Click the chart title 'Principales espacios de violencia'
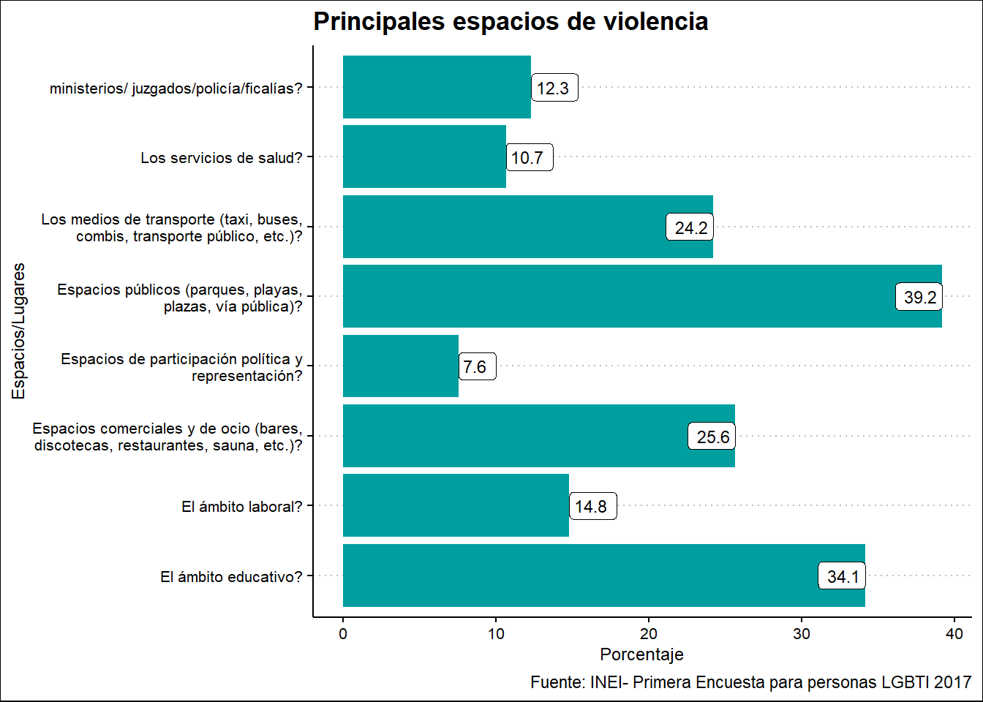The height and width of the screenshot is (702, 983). click(511, 22)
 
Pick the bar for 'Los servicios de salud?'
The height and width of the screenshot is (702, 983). click(424, 156)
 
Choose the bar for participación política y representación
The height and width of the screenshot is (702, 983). click(400, 366)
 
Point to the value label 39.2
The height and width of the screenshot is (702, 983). click(919, 298)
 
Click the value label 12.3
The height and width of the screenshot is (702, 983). click(554, 88)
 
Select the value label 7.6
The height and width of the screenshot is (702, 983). click(476, 367)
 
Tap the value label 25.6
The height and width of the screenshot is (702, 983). click(712, 437)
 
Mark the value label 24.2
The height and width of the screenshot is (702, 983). click(690, 228)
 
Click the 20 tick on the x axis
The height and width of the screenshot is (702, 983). click(649, 634)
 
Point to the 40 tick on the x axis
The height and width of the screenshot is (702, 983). click(954, 634)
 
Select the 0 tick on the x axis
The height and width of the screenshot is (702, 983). click(343, 634)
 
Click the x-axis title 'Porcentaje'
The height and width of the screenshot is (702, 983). click(641, 654)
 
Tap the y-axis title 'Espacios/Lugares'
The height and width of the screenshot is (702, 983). click(19, 331)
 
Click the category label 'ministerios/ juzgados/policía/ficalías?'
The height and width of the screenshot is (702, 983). click(176, 88)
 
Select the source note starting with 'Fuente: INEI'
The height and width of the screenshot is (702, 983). click(750, 682)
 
